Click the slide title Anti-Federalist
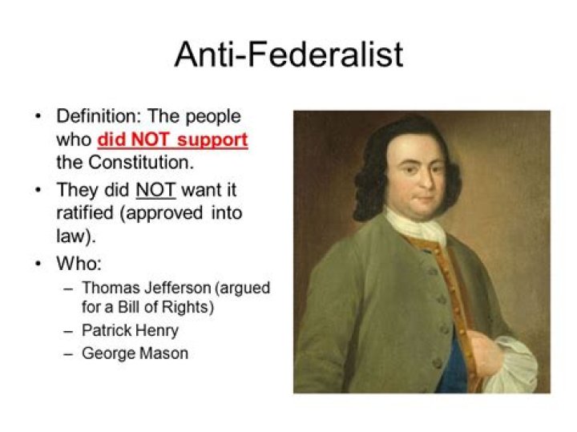(288, 55)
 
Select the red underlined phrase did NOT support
(172, 139)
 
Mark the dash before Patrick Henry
(69, 329)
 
